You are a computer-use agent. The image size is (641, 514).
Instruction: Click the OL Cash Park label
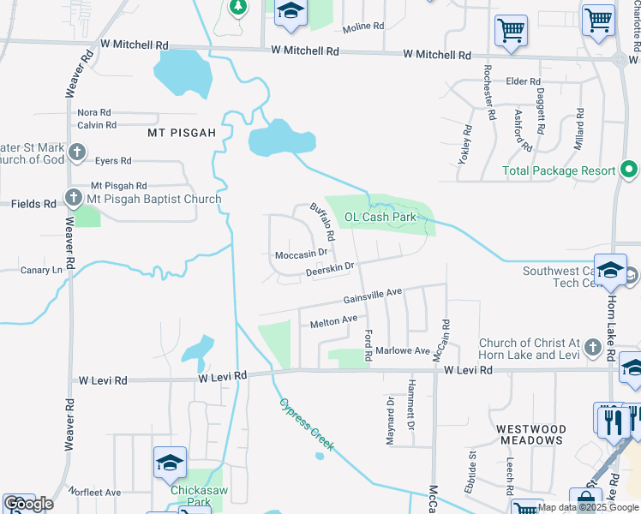click(380, 217)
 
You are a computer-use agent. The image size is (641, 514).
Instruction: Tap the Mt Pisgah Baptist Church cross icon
click(75, 199)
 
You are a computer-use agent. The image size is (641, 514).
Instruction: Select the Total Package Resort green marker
click(627, 170)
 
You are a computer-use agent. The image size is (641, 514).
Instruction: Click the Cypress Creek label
click(305, 426)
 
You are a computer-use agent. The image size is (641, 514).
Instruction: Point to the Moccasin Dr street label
click(301, 254)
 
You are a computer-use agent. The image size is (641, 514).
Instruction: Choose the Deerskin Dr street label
click(330, 274)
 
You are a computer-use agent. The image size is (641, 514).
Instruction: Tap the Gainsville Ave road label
click(373, 296)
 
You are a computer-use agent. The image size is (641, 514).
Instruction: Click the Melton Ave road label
click(333, 320)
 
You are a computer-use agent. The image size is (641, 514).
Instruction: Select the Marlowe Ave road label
click(403, 351)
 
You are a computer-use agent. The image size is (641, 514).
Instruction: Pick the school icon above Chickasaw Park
click(170, 463)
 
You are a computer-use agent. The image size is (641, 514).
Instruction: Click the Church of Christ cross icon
click(591, 348)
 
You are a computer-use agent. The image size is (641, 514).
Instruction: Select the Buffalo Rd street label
click(322, 221)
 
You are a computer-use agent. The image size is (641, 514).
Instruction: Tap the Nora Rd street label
click(94, 112)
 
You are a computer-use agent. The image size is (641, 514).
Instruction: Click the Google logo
click(28, 504)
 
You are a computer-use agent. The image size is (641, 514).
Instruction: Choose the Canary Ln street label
click(42, 270)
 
